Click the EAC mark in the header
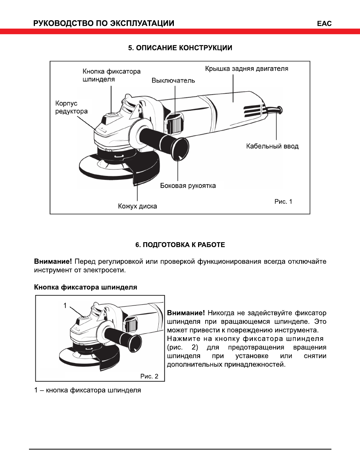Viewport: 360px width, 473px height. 324,23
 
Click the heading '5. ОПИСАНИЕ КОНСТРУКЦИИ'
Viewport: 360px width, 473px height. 180,48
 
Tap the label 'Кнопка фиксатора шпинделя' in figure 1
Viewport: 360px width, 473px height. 112,75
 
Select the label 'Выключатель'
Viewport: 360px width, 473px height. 173,81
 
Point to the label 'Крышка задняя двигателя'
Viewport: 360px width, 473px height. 246,69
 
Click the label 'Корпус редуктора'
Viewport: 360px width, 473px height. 71,107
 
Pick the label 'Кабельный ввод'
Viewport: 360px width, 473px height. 272,146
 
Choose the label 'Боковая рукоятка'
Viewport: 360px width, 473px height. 188,185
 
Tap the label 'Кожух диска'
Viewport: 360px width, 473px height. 137,206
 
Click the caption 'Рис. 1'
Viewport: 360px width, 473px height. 283,201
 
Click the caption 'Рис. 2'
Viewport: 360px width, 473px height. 149,376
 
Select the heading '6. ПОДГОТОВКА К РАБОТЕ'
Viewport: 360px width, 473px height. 180,245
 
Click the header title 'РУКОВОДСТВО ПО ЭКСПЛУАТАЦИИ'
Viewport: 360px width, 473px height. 104,23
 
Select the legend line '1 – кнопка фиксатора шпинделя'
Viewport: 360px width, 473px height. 87,390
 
